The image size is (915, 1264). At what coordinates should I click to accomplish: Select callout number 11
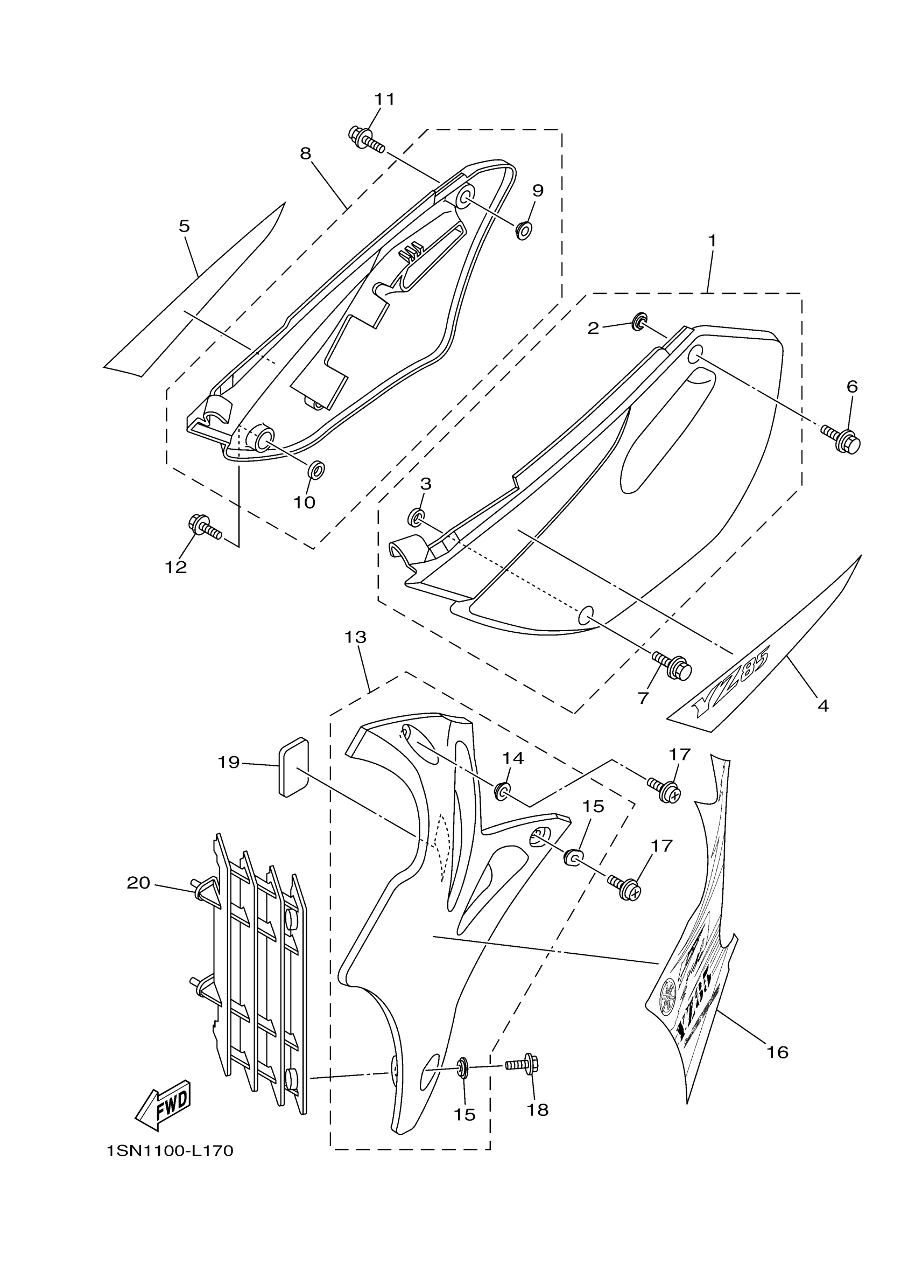(x=384, y=99)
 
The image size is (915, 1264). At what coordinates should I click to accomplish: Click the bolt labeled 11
(x=365, y=139)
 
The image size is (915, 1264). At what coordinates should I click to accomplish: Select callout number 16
(x=777, y=1052)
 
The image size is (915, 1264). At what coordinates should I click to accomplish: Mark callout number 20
(x=139, y=883)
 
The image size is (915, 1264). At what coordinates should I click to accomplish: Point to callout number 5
(x=184, y=226)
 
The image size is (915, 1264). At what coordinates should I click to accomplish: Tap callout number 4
(x=822, y=706)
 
